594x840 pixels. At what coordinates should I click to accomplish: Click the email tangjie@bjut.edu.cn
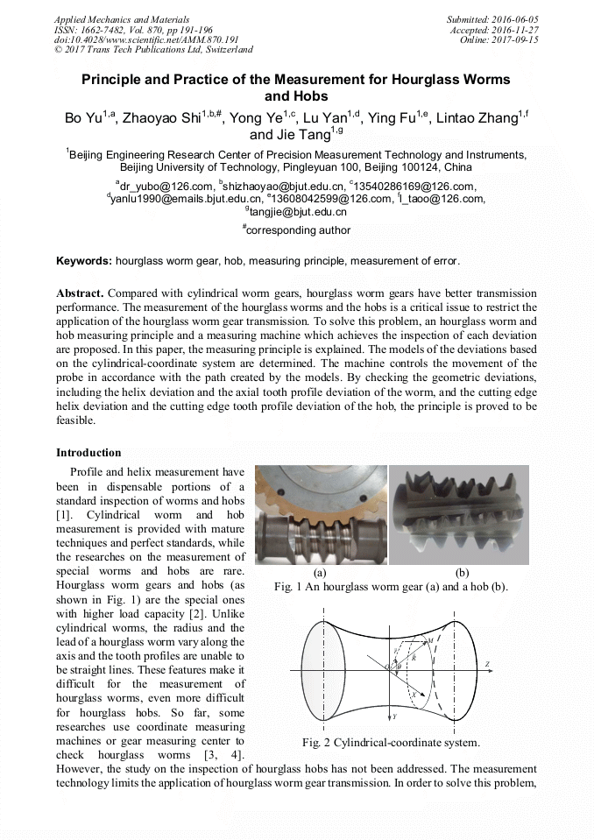click(x=298, y=211)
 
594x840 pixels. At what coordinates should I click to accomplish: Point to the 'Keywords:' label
click(x=84, y=261)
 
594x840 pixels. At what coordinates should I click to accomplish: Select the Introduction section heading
click(x=88, y=453)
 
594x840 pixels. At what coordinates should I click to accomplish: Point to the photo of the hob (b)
click(x=458, y=517)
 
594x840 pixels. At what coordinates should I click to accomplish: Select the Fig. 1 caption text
click(x=391, y=586)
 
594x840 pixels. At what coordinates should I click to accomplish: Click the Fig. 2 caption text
click(x=391, y=743)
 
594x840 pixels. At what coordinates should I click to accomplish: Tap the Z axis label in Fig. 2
click(x=486, y=665)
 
